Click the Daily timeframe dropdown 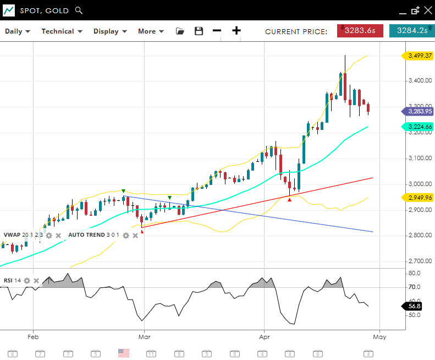pyautogui.click(x=18, y=31)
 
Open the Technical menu pyautogui.click(x=62, y=31)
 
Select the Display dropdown pyautogui.click(x=110, y=31)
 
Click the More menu pyautogui.click(x=151, y=31)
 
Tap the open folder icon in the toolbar pyautogui.click(x=180, y=31)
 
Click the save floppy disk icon pyautogui.click(x=199, y=31)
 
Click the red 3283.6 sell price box pyautogui.click(x=360, y=31)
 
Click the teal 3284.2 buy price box pyautogui.click(x=411, y=31)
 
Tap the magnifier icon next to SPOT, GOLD pyautogui.click(x=79, y=10)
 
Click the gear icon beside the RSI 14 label pyautogui.click(x=27, y=281)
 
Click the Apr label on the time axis pyautogui.click(x=264, y=336)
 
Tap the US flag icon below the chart pyautogui.click(x=124, y=353)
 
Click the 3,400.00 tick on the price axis pyautogui.click(x=420, y=81)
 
